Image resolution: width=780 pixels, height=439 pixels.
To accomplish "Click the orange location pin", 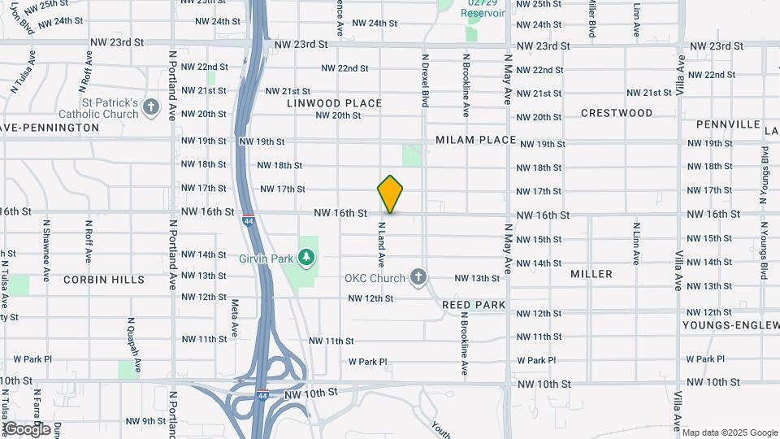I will tap(391, 193).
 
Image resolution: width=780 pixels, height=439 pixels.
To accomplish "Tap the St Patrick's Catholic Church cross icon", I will tap(150, 106).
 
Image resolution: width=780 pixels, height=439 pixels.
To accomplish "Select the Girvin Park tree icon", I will tap(306, 258).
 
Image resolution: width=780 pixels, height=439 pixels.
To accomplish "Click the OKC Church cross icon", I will tap(418, 278).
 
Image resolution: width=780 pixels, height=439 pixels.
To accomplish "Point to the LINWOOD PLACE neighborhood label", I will tap(334, 103).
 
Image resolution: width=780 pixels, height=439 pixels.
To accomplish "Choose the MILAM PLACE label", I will tap(476, 140).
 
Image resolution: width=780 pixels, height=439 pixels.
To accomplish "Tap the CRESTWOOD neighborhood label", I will tap(617, 113).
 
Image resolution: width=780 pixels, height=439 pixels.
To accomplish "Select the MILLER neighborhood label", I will tap(591, 274).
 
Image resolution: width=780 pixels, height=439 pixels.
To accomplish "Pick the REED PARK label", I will tap(474, 305).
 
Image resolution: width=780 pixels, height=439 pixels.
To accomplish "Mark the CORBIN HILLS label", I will tap(104, 280).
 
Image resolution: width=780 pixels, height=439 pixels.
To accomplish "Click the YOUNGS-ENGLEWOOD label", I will tap(730, 326).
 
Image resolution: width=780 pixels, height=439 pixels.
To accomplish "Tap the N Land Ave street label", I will tap(379, 245).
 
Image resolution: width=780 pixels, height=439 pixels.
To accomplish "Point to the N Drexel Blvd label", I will tap(424, 80).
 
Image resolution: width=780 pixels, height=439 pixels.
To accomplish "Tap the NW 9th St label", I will tap(145, 421).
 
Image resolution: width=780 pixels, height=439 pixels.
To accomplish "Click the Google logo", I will tap(27, 429).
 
